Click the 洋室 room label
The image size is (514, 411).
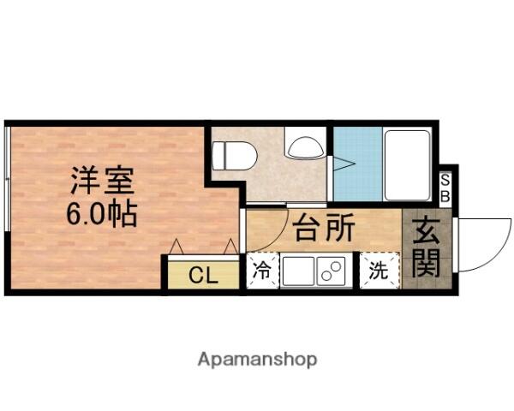pos(102,181)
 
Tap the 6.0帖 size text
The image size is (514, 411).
pos(102,214)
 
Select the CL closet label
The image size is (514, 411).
pos(203,276)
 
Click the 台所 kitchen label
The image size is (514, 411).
pos(324,228)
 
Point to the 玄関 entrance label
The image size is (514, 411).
pos(426,248)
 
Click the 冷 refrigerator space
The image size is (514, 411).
pos(263,271)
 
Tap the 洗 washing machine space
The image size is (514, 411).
pos(380,271)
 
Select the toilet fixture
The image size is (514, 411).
pos(233,155)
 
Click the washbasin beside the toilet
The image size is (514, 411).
pos(306,146)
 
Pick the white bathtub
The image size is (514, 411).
pos(407,165)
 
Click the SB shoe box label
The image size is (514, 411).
pos(445,188)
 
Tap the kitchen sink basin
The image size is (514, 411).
pos(298,271)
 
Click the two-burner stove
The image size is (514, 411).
pos(331,271)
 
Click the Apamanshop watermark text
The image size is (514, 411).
pos(257,360)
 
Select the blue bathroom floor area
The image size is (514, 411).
pos(358,164)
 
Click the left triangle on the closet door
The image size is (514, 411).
pos(176,246)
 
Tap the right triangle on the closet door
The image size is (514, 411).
pos(230,246)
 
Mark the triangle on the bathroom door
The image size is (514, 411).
pos(344,164)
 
